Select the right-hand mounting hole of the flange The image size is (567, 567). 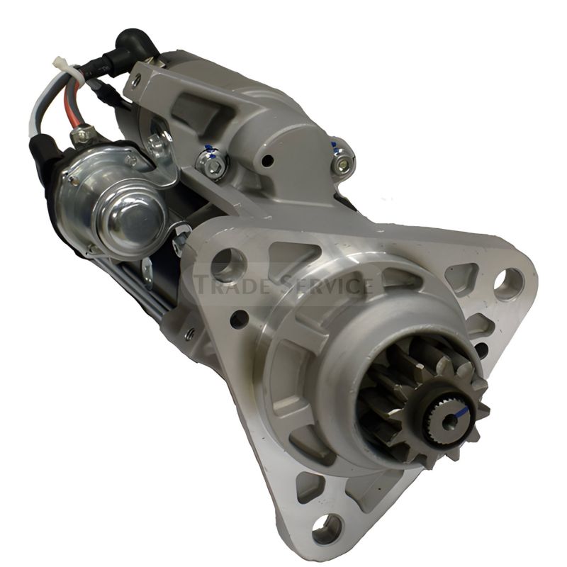[508, 283]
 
